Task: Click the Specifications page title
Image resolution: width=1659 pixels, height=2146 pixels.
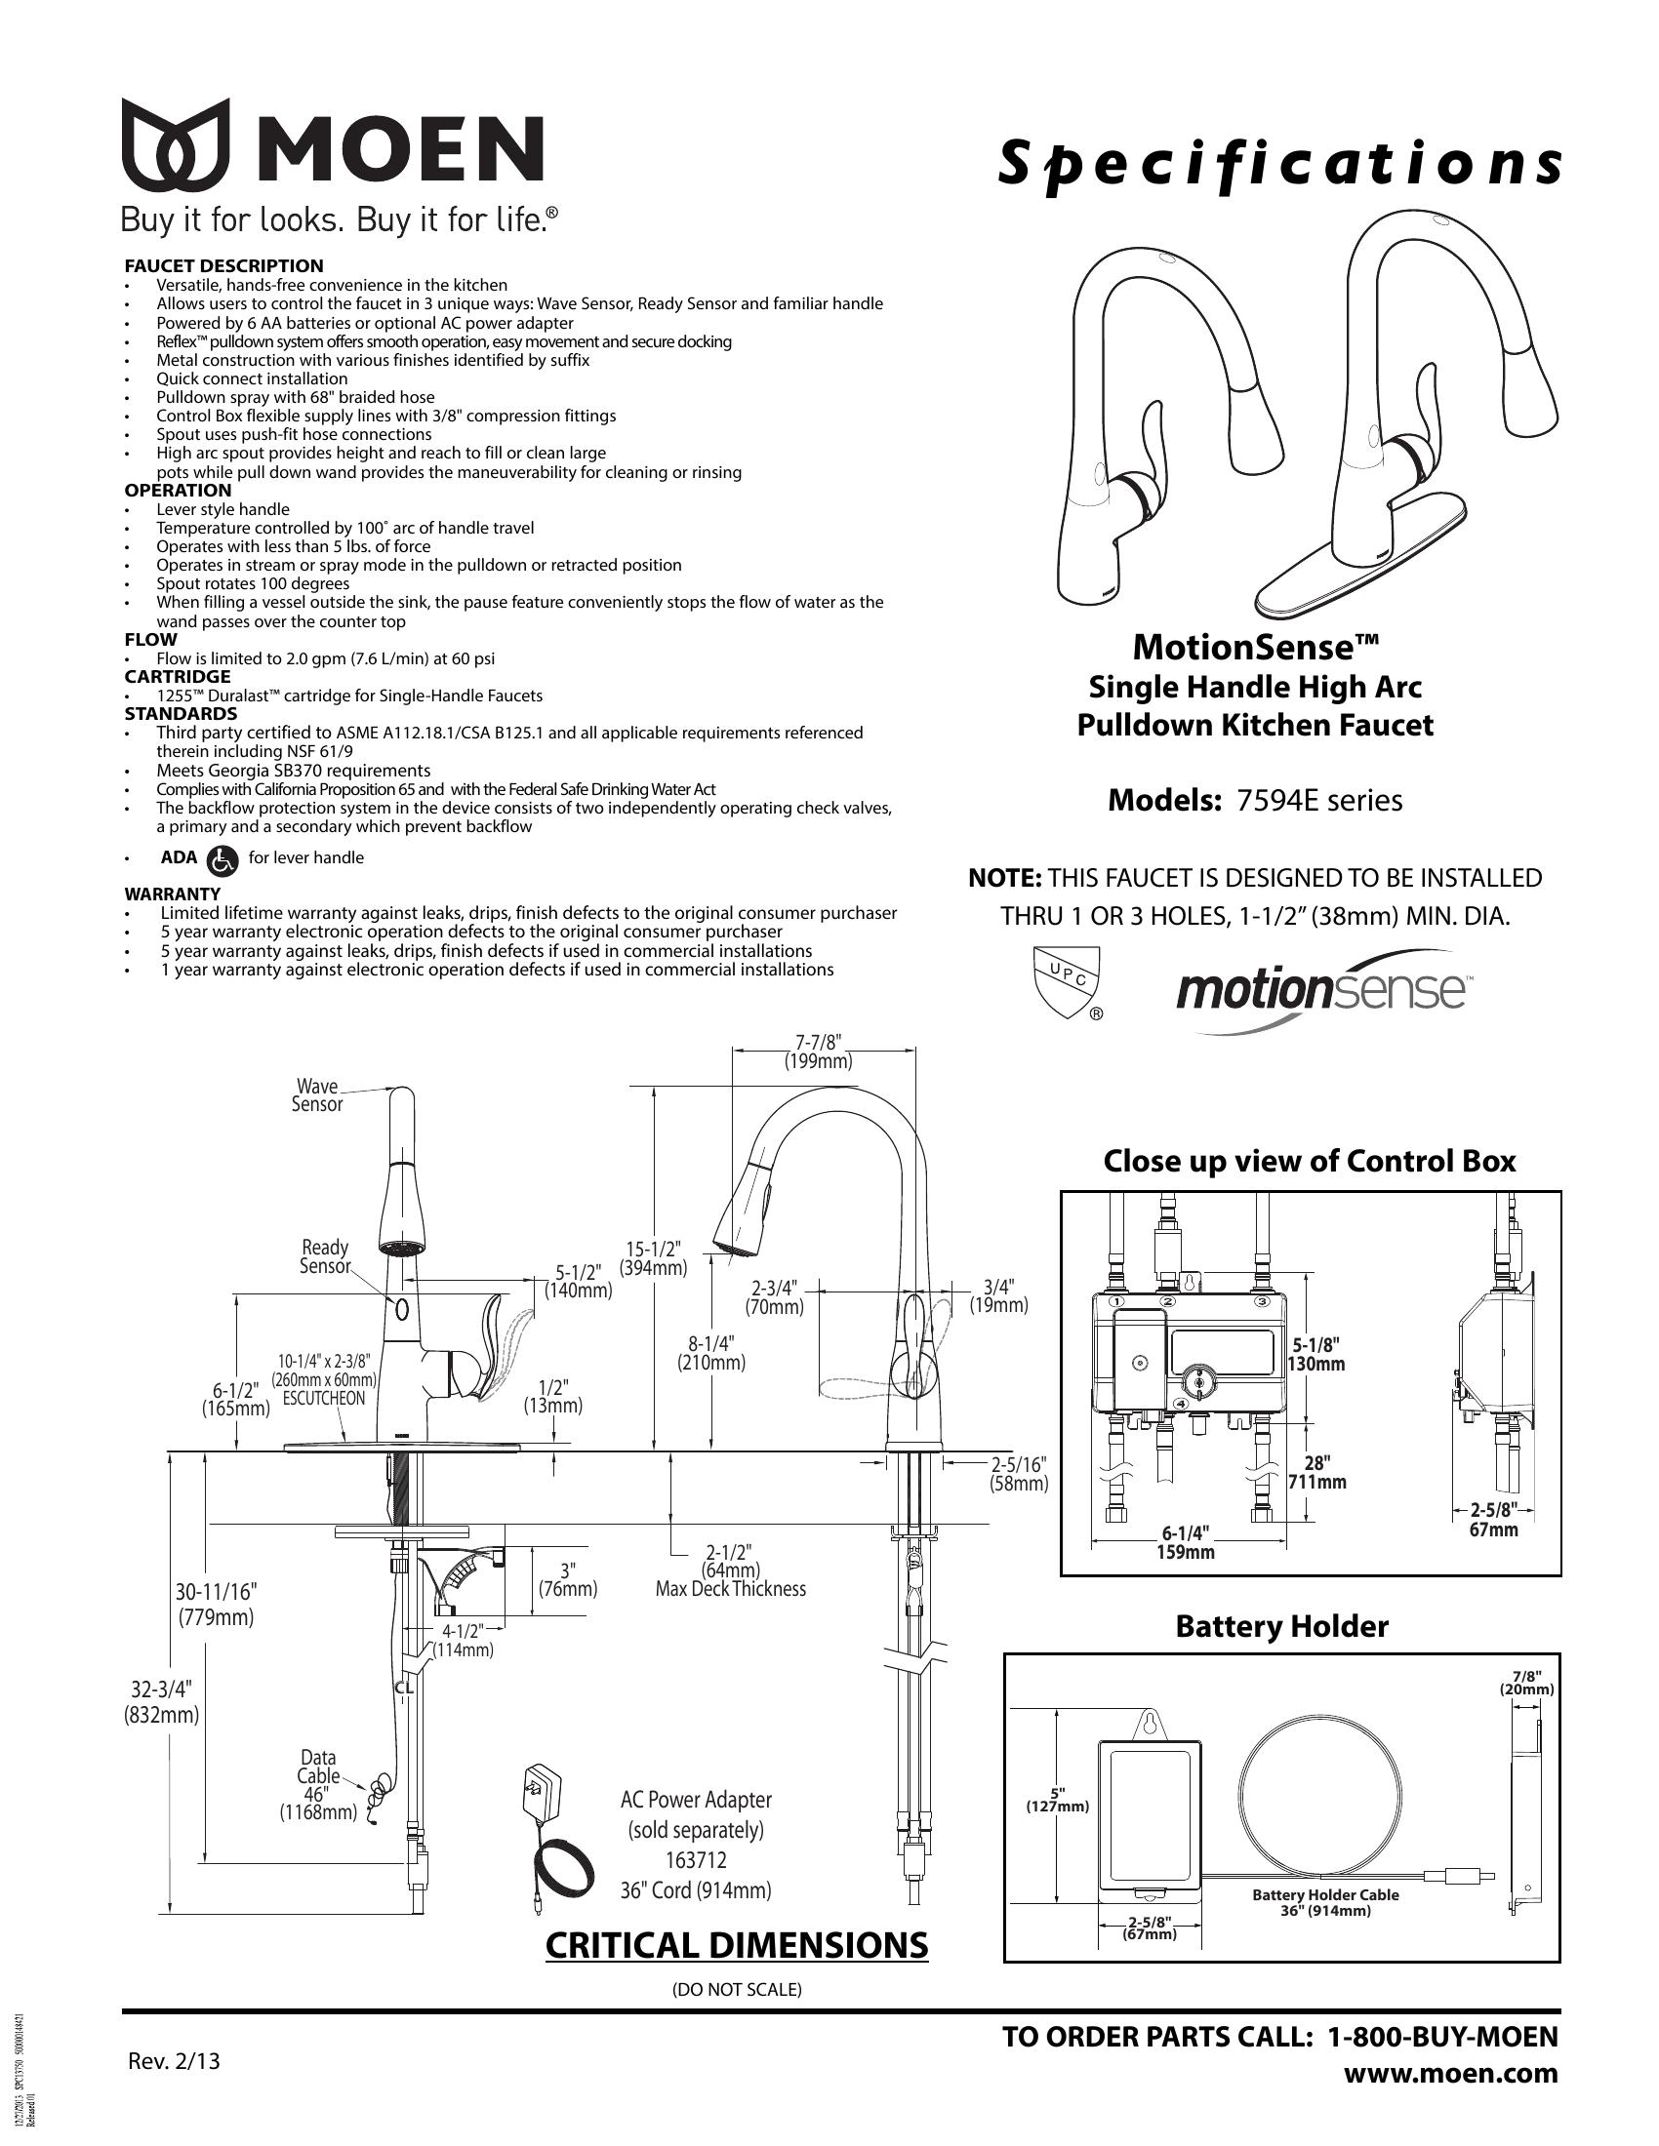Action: [x=1278, y=164]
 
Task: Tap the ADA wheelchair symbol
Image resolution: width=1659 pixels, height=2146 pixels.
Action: [x=223, y=860]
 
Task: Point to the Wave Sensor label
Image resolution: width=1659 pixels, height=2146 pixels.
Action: [x=316, y=1095]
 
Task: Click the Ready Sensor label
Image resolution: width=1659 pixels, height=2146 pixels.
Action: [x=324, y=1256]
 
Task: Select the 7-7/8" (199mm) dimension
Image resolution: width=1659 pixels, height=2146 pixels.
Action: [x=818, y=1052]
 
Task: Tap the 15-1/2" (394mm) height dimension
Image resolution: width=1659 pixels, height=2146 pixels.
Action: [x=653, y=1258]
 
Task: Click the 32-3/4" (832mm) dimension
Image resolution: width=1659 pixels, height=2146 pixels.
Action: [x=161, y=1703]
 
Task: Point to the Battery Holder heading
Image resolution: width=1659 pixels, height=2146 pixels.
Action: [x=1281, y=1626]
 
